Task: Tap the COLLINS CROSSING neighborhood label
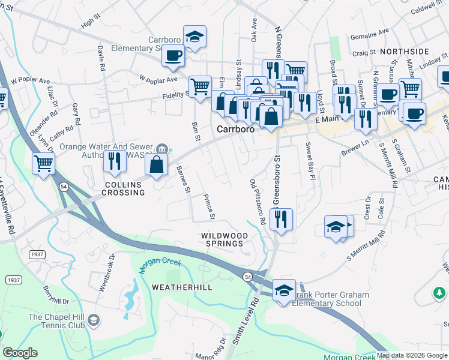click(124, 188)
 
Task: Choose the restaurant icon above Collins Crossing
click(113, 161)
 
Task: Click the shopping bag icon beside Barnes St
click(156, 165)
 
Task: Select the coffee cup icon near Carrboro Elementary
click(173, 56)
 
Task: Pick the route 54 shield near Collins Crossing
click(64, 188)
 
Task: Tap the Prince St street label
click(208, 206)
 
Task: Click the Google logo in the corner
click(20, 353)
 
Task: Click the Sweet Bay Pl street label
click(310, 161)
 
